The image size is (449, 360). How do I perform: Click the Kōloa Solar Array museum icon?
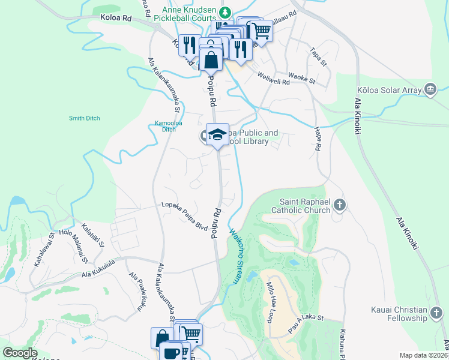[x=430, y=89]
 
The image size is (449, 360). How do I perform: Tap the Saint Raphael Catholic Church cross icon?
[x=340, y=206]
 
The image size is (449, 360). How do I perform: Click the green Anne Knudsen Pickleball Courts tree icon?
[x=225, y=12]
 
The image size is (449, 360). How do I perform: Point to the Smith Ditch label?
[x=84, y=118]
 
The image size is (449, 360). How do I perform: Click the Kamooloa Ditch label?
[x=166, y=126]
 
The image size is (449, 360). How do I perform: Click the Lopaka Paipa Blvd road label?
[x=184, y=216]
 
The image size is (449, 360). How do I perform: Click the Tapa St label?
[x=319, y=58]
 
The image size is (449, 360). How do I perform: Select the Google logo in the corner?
[x=20, y=353]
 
